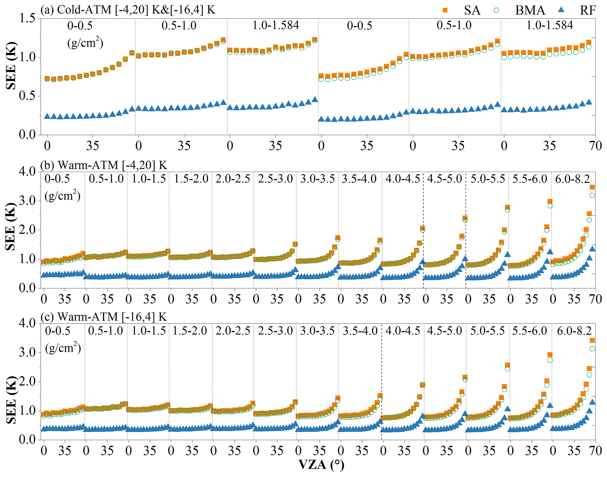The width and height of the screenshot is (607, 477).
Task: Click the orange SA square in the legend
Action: click(445, 10)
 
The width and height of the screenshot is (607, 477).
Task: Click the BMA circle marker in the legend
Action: click(496, 10)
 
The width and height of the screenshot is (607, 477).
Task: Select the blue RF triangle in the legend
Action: click(561, 10)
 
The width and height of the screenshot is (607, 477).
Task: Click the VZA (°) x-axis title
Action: click(321, 465)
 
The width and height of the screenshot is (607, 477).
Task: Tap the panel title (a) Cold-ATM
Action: click(128, 10)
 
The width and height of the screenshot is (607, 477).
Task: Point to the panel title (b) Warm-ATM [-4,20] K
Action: click(104, 165)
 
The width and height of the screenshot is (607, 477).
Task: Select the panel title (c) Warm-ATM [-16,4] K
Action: click(104, 317)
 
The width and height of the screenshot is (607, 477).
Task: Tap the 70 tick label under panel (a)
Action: click(596, 146)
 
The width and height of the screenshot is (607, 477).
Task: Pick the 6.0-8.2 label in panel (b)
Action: click(573, 179)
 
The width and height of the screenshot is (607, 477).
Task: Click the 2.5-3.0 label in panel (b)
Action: click(275, 179)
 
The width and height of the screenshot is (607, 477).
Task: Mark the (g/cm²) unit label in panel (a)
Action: click(85, 43)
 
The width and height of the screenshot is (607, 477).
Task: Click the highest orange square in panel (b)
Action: click(592, 187)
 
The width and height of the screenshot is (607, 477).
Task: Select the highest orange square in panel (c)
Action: click(592, 340)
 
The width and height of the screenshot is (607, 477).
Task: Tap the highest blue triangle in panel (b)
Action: click(592, 249)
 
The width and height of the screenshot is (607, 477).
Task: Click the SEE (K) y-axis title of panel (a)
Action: click(11, 66)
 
